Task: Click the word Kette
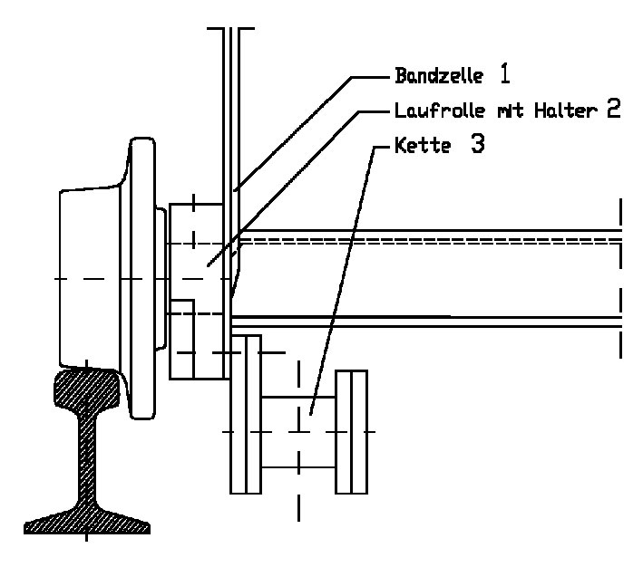pyautogui.click(x=423, y=146)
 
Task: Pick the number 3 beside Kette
pyautogui.click(x=477, y=145)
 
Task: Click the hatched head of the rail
pyautogui.click(x=87, y=389)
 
